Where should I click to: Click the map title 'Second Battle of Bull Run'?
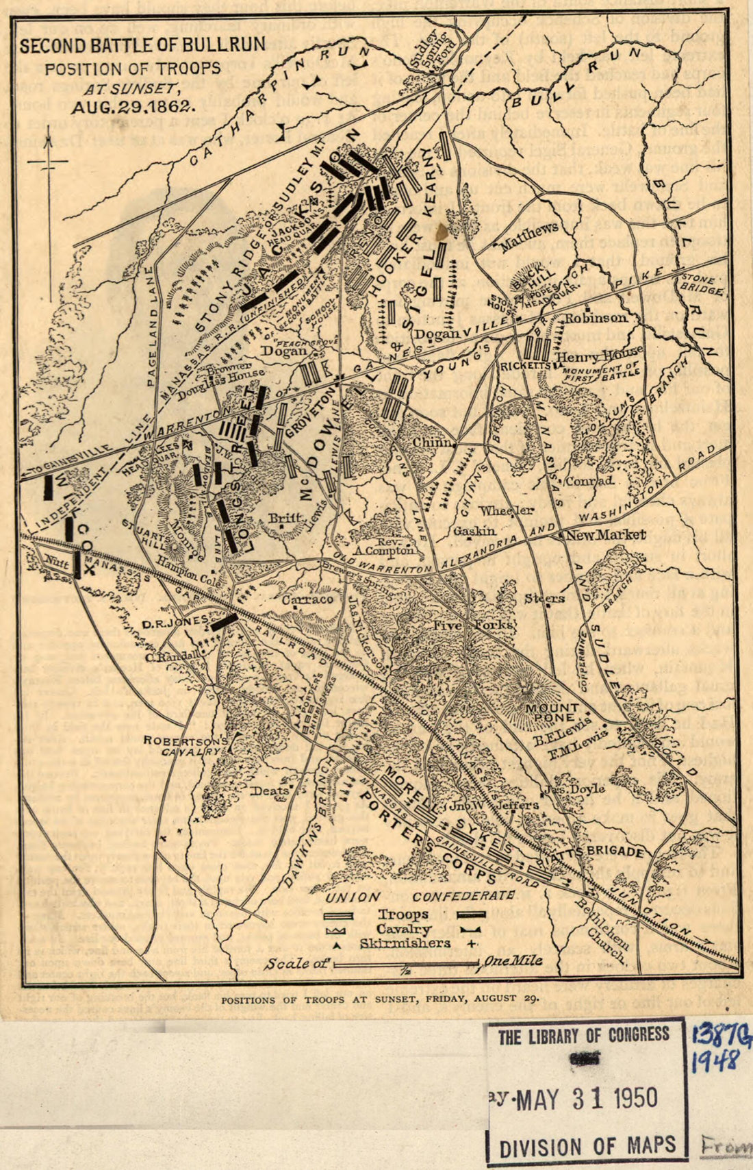pos(142,47)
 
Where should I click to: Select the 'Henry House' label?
pos(589,357)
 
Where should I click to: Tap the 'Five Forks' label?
pos(483,625)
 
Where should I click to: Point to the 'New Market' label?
pos(605,535)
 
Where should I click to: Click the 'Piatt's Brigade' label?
pos(607,852)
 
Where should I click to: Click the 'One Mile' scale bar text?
pos(513,960)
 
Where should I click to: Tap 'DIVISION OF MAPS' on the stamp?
pos(587,1145)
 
